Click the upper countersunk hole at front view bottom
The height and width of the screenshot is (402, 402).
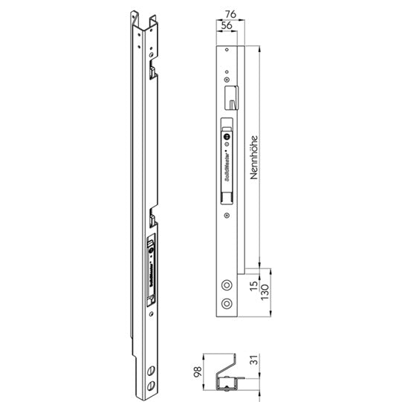(x=226, y=285)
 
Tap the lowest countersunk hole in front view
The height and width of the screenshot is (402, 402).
(x=226, y=304)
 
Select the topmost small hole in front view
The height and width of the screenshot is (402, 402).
(x=224, y=51)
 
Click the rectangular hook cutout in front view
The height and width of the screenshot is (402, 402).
(x=231, y=95)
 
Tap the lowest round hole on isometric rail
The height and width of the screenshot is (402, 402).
(x=152, y=385)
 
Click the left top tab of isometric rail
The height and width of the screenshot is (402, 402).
(x=134, y=17)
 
